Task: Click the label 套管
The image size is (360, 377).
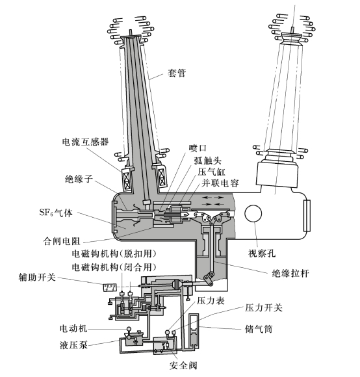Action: [177, 73]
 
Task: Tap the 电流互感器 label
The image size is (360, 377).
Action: [85, 142]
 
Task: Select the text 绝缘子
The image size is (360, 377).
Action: [79, 179]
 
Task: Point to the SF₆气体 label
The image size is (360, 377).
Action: [56, 213]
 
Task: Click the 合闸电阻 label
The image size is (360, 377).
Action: [61, 241]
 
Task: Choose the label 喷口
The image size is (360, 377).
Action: [198, 148]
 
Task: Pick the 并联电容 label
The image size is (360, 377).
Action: [220, 183]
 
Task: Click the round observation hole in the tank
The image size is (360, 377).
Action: [253, 214]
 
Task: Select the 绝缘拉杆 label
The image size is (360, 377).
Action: [290, 274]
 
